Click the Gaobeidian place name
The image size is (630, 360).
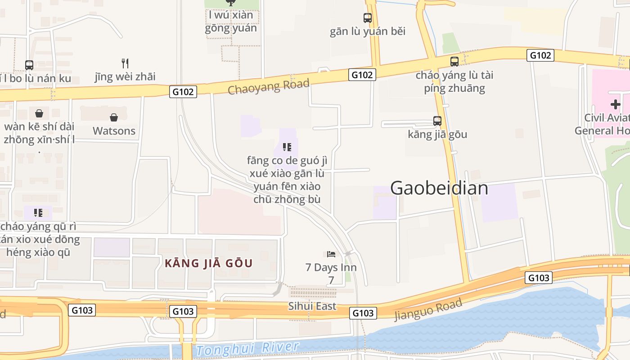(439, 188)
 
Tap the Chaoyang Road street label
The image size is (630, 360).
(269, 86)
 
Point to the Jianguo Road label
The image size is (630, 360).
(428, 310)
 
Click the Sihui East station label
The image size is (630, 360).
(312, 306)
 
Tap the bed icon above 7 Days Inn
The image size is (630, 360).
(331, 254)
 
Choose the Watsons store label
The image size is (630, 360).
(114, 131)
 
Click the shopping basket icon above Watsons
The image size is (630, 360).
(114, 117)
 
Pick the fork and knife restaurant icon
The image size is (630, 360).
(125, 63)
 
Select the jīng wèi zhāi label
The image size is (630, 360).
(125, 76)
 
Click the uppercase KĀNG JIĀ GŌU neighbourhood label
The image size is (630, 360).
(209, 263)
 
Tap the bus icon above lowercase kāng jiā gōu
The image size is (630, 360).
(437, 121)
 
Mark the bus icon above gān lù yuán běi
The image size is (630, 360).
(368, 18)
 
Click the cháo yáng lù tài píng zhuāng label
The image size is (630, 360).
(454, 81)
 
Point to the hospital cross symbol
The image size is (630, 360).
(615, 105)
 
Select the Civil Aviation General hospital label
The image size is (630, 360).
(603, 124)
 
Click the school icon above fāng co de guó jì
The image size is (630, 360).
(287, 147)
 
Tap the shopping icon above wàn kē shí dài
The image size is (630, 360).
(39, 113)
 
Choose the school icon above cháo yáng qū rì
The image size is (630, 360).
(38, 212)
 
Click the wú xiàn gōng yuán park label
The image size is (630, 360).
(231, 21)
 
